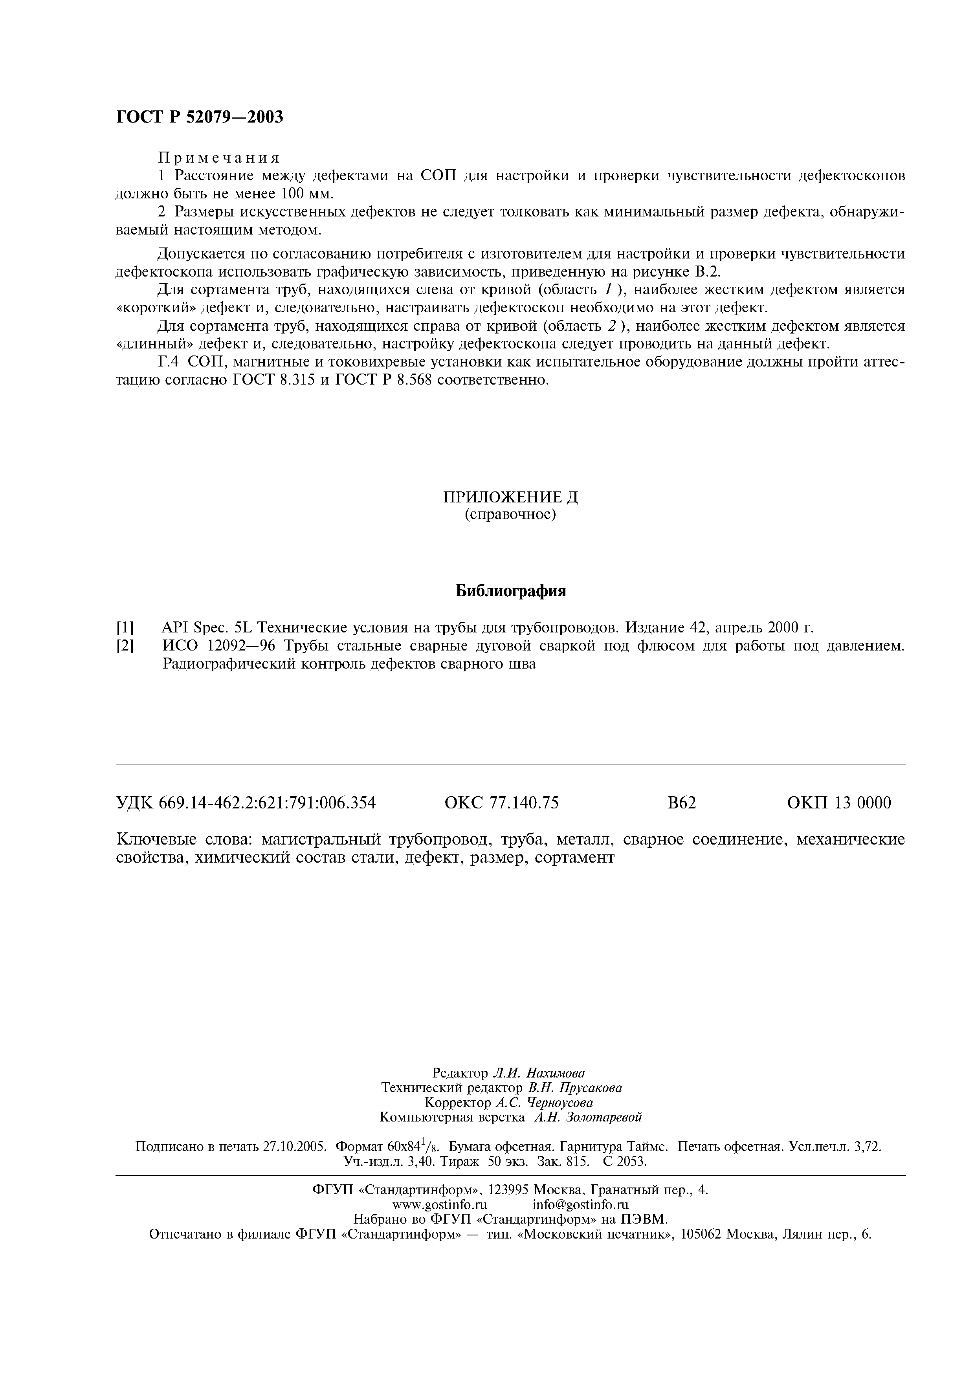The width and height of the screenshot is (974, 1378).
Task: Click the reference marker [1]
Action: click(x=125, y=629)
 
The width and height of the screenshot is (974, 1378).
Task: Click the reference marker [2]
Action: click(x=125, y=647)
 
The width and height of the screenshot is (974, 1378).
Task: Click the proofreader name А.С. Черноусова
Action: click(x=544, y=1103)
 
